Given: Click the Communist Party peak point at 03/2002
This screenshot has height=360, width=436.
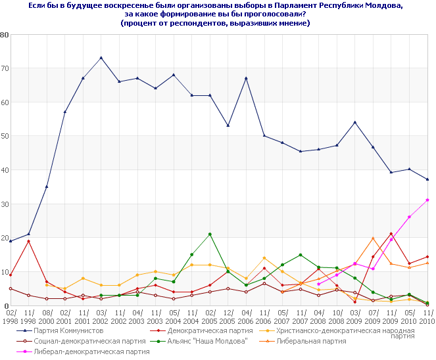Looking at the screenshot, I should (x=101, y=58).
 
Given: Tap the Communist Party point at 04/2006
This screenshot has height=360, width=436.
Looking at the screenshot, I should (x=246, y=78).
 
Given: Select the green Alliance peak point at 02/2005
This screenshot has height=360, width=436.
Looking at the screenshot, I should (x=210, y=235).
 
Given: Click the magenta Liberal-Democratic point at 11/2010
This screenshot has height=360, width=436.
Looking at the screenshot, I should (x=427, y=200).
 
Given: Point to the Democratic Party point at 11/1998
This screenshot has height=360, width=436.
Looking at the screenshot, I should (x=28, y=241).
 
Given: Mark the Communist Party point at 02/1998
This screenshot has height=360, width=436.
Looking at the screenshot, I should (x=11, y=241).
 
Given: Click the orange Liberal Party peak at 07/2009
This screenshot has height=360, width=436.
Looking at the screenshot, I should (x=373, y=238).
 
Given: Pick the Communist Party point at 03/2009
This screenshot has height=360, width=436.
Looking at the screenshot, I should (x=355, y=122).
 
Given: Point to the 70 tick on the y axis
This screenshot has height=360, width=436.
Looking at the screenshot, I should (x=5, y=68).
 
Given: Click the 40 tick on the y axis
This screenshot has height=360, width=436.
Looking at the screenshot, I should (x=5, y=170).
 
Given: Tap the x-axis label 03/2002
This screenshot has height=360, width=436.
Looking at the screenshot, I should (x=101, y=318).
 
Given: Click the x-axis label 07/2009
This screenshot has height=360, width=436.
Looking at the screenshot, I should (x=373, y=318).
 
